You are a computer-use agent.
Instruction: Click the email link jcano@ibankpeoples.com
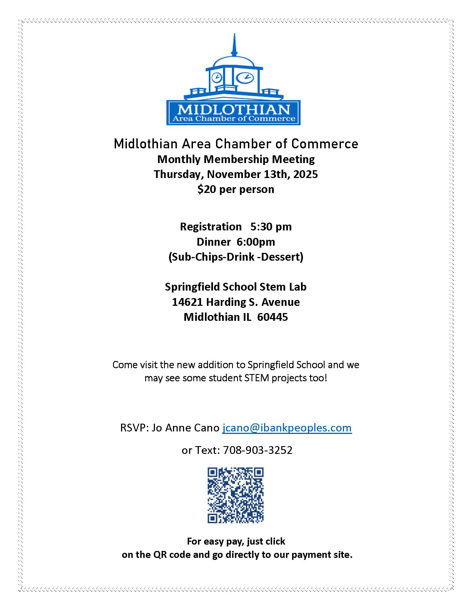coord(287,428)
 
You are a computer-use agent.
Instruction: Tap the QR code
coord(235,495)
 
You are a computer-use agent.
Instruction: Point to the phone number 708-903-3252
coord(258,450)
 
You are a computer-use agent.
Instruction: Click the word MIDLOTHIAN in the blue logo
coord(234,110)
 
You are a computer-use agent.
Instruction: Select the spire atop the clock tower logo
coord(234,45)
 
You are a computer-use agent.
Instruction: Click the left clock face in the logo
coord(217,77)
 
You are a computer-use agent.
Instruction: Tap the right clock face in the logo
coord(245,77)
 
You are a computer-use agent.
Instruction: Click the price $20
coord(207,189)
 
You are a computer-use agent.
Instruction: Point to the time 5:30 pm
coord(271,227)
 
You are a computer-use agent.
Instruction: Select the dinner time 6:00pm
coord(255,242)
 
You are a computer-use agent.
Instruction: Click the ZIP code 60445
coord(272,317)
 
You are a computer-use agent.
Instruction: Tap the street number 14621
coord(187,302)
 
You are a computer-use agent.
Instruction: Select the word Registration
coord(211,227)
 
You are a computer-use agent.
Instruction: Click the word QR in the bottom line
coord(160,555)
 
